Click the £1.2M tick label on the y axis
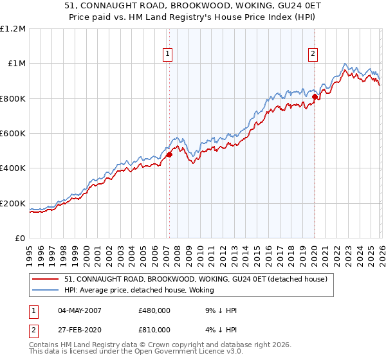[13, 29]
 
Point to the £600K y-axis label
[13, 134]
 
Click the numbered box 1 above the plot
[167, 55]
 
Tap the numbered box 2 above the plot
[313, 55]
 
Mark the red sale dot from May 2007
[169, 154]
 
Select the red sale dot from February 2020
[315, 97]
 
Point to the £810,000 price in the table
[154, 329]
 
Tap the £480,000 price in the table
[154, 310]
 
